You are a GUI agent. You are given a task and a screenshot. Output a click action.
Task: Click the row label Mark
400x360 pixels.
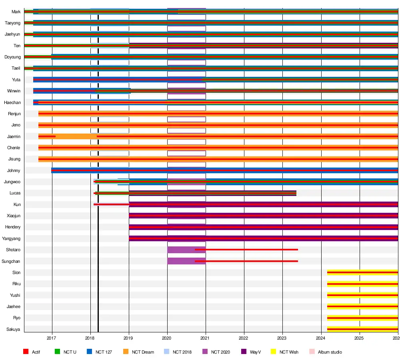point(16,12)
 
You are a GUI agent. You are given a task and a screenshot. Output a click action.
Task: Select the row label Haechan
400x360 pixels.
point(12,103)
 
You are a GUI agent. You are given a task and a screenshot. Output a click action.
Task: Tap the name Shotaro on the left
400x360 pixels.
point(13,250)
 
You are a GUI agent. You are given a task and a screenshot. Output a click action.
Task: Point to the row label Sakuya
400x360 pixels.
point(13,329)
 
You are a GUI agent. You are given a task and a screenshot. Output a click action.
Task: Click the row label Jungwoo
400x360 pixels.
point(12,182)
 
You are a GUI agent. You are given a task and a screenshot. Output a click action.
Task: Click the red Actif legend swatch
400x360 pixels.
point(26,352)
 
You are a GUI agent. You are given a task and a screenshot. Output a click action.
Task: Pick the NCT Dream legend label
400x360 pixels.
point(143,352)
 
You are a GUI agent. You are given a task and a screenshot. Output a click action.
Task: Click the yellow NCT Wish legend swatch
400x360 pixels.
point(273,352)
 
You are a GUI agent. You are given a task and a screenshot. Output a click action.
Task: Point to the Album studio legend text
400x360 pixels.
point(330,352)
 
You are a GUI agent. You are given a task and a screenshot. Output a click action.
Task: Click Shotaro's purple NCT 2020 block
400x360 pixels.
point(180,250)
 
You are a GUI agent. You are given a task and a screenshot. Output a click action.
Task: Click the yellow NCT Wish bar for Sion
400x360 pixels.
point(362,272)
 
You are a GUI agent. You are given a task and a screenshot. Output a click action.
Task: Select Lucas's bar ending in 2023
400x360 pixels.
point(200,193)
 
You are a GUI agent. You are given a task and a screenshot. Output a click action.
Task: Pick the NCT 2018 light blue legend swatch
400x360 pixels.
point(167,352)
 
